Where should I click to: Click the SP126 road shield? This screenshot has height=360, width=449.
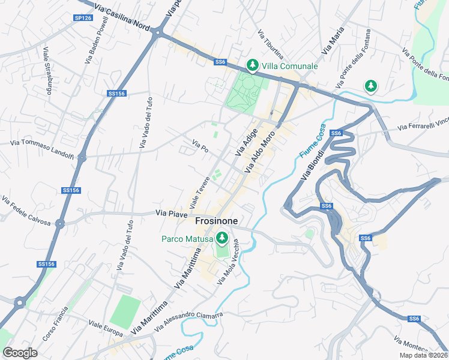[83, 18]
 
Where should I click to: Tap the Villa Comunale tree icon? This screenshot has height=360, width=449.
[253, 65]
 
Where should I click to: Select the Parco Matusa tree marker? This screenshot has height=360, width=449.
[222, 239]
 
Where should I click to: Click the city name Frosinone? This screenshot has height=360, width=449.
[217, 221]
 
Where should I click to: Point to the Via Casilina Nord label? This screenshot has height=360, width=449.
[123, 18]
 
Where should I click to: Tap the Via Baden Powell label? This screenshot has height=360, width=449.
[98, 43]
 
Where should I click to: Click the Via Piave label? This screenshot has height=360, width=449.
[172, 212]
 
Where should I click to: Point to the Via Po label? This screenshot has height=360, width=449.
[200, 145]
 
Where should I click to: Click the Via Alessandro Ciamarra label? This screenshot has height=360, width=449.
[188, 322]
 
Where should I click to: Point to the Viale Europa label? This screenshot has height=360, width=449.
[106, 329]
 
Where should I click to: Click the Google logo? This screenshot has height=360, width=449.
[20, 352]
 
